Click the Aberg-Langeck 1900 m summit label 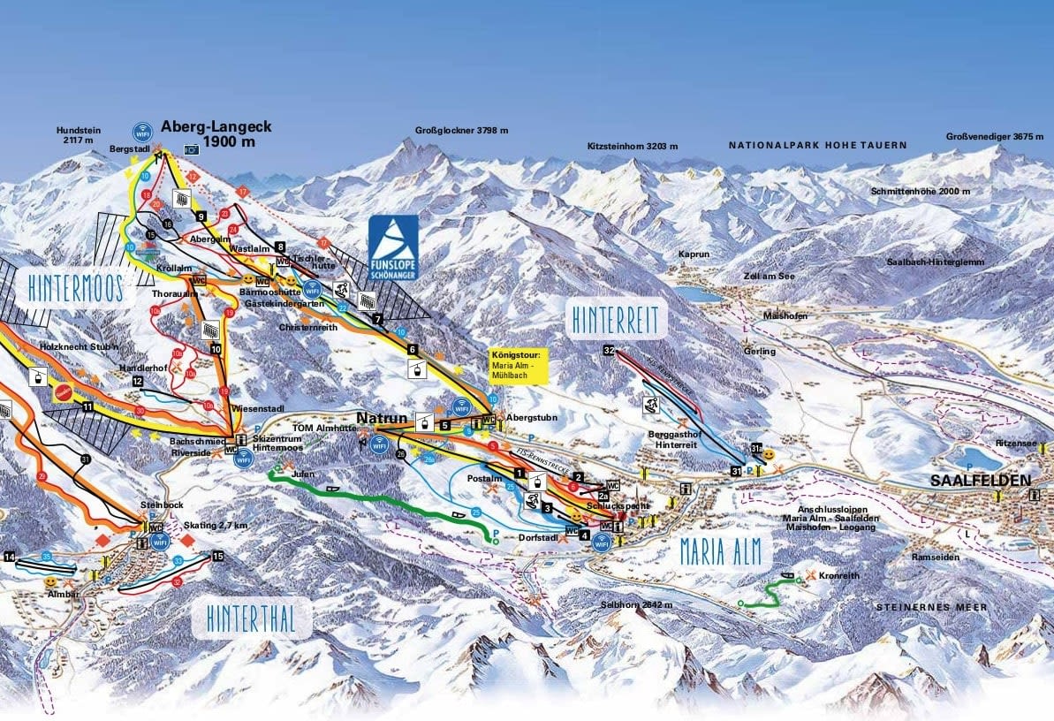216,133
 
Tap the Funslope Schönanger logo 393,249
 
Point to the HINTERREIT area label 616,321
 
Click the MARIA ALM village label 720,551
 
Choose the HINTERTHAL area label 251,619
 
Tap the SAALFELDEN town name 981,481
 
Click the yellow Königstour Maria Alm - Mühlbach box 519,365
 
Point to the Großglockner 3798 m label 461,131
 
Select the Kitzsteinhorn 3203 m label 633,146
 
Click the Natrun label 381,416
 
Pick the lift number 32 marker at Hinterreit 609,351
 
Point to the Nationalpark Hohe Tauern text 817,144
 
